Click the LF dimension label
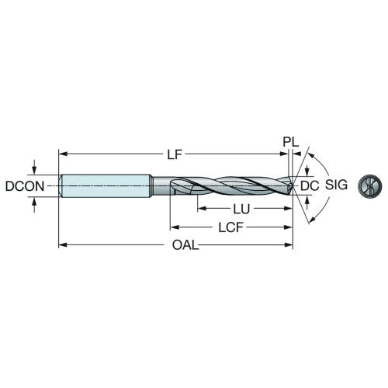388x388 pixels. point(175,154)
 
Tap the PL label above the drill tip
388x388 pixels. point(290,142)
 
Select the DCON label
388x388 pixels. point(25,186)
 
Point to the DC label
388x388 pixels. point(310,185)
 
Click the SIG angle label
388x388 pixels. point(336,185)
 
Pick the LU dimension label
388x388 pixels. point(241,209)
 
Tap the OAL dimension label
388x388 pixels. point(185,245)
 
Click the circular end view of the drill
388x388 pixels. point(370,185)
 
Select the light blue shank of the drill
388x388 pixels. point(106,186)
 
